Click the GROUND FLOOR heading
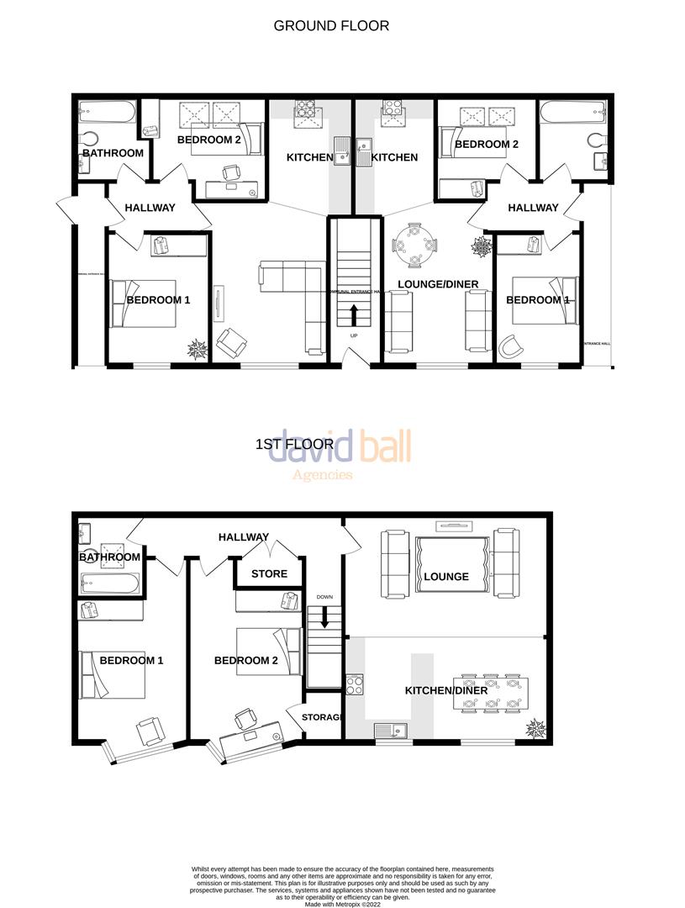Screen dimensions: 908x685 pyautogui.click(x=331, y=26)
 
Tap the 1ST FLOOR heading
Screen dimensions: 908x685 pyautogui.click(x=294, y=444)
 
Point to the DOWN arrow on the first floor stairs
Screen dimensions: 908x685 pyautogui.click(x=324, y=617)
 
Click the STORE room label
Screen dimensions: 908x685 pyautogui.click(x=269, y=574)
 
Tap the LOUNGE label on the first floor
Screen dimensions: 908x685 pyautogui.click(x=446, y=577)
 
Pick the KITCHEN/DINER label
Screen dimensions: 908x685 pyautogui.click(x=445, y=690)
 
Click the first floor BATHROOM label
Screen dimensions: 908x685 pyautogui.click(x=110, y=557)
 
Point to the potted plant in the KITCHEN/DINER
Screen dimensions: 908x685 pyautogui.click(x=535, y=727)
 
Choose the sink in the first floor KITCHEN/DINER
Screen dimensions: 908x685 pyautogui.click(x=391, y=731)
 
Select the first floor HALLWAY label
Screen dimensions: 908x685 pyautogui.click(x=244, y=537)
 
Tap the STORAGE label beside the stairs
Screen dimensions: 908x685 pyautogui.click(x=320, y=717)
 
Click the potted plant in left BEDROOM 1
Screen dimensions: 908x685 pyautogui.click(x=198, y=349)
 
